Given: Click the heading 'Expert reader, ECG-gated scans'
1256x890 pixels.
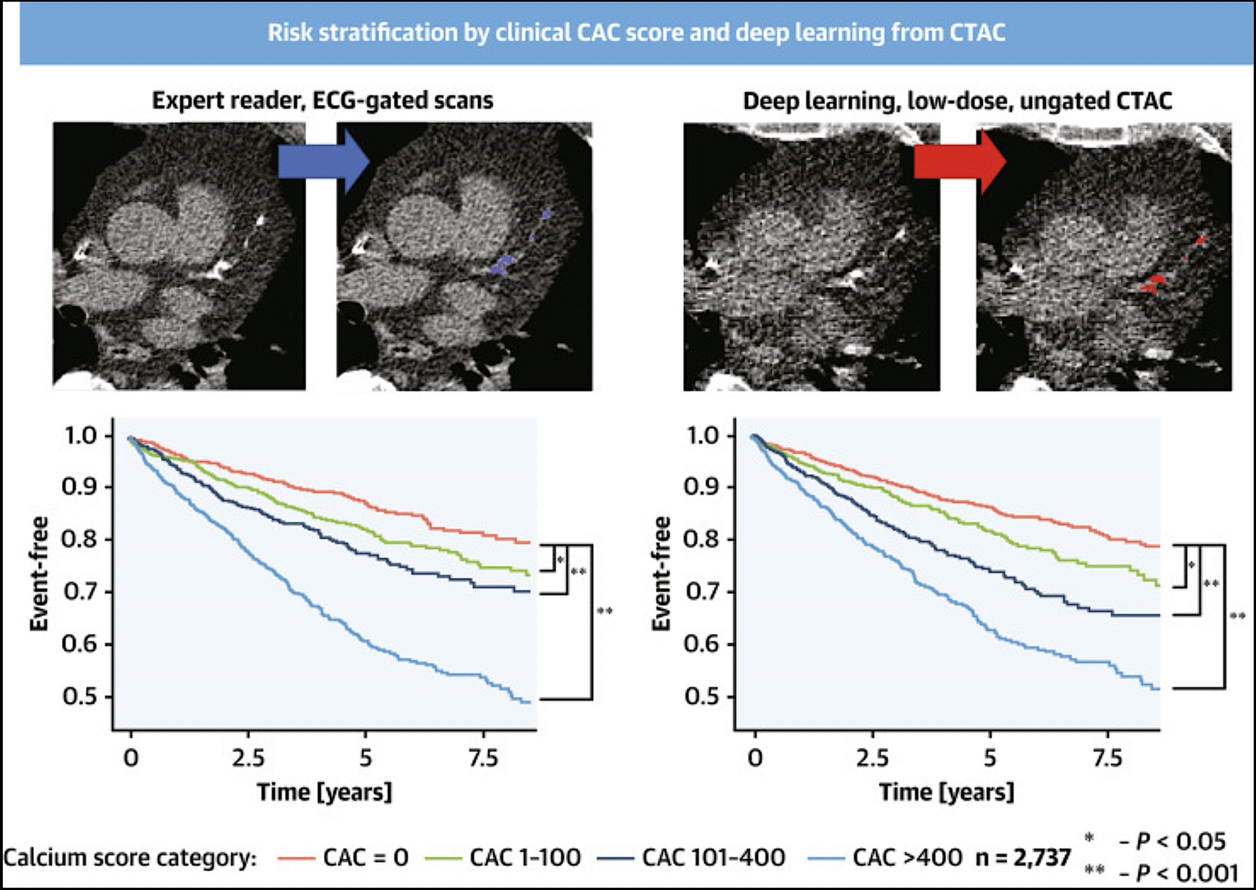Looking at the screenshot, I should [322, 101].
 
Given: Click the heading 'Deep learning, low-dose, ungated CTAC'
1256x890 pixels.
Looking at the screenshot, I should [958, 101].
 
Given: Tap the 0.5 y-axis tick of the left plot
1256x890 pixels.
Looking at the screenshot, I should [79, 697].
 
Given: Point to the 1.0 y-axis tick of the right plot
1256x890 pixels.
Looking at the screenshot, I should [702, 436].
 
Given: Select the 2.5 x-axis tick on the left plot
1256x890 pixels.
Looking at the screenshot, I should [248, 758].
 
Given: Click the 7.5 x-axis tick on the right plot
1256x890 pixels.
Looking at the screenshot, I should [1107, 758].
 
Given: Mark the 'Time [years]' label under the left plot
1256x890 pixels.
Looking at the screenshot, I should [324, 792].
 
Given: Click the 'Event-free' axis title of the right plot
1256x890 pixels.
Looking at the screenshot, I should [661, 574].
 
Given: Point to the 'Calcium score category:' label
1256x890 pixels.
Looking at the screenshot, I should [130, 858].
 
